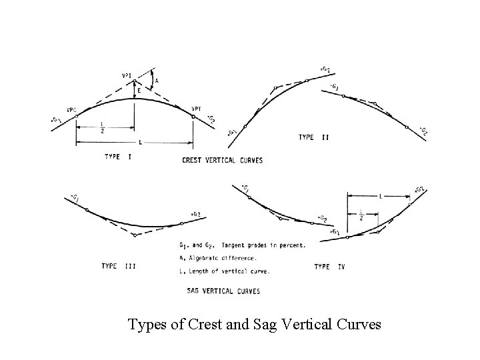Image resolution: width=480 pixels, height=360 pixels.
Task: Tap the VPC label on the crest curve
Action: point(72,110)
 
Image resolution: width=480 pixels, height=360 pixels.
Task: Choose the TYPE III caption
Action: point(119,267)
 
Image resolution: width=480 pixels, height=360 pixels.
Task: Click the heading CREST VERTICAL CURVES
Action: point(222,160)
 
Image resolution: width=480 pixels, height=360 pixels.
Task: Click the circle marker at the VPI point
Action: point(134,81)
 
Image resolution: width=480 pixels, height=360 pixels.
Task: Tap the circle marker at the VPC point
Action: point(76,116)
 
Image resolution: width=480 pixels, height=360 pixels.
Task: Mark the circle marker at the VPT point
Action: point(193,116)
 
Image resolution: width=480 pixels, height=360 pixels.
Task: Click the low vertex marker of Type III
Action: point(135,235)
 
